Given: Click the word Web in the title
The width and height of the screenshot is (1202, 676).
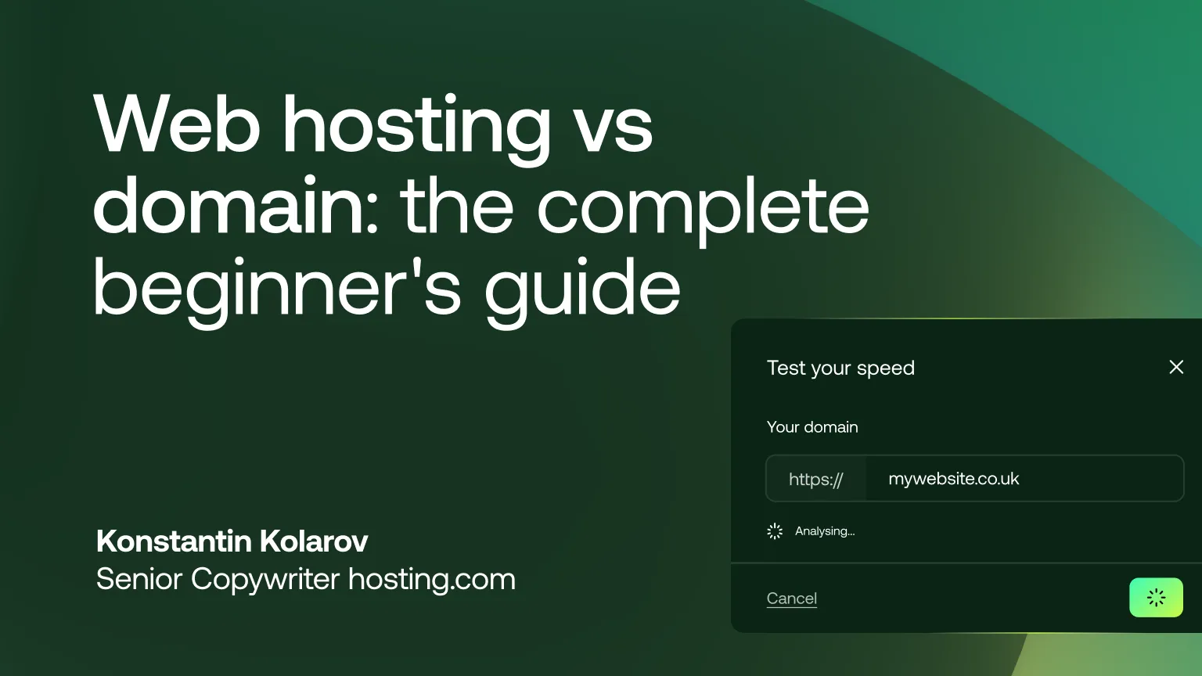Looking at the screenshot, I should click(176, 125).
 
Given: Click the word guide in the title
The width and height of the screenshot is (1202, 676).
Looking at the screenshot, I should click(582, 289).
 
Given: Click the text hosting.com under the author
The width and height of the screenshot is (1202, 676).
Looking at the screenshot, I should click(431, 580).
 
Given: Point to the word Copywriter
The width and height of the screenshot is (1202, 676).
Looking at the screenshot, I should click(265, 580).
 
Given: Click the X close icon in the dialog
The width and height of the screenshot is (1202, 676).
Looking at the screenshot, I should click(1176, 367).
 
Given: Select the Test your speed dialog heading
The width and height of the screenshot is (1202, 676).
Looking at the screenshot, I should click(840, 368).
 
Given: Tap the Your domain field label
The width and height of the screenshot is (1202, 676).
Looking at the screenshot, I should click(812, 427).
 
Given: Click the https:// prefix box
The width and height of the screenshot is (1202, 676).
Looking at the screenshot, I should click(816, 479).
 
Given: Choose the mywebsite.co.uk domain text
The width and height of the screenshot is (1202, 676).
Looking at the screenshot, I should click(953, 479).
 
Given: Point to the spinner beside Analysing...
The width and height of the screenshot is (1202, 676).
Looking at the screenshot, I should click(775, 531).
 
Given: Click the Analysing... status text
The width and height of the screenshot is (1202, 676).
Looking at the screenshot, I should click(825, 531).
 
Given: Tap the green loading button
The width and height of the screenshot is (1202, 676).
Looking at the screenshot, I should click(1156, 598).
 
